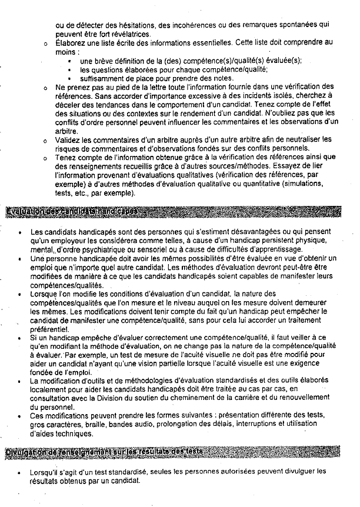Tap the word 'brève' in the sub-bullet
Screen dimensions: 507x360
click(106, 61)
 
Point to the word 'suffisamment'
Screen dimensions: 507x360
click(102, 78)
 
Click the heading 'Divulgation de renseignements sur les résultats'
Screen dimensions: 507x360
click(104, 451)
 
